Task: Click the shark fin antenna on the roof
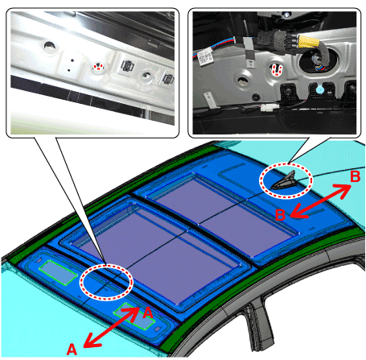(284, 182)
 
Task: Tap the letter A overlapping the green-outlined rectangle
(147, 312)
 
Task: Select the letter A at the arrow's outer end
(72, 350)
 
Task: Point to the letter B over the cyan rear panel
(355, 176)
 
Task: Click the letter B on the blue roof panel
(280, 215)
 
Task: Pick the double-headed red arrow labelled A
(111, 327)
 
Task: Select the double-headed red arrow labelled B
(320, 201)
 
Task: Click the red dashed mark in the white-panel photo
(99, 67)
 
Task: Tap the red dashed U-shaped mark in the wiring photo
(276, 70)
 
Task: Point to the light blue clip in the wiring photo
(319, 89)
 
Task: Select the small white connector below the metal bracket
(267, 108)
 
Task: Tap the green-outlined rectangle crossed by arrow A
(134, 317)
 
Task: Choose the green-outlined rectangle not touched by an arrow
(58, 272)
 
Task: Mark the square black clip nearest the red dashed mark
(127, 66)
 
